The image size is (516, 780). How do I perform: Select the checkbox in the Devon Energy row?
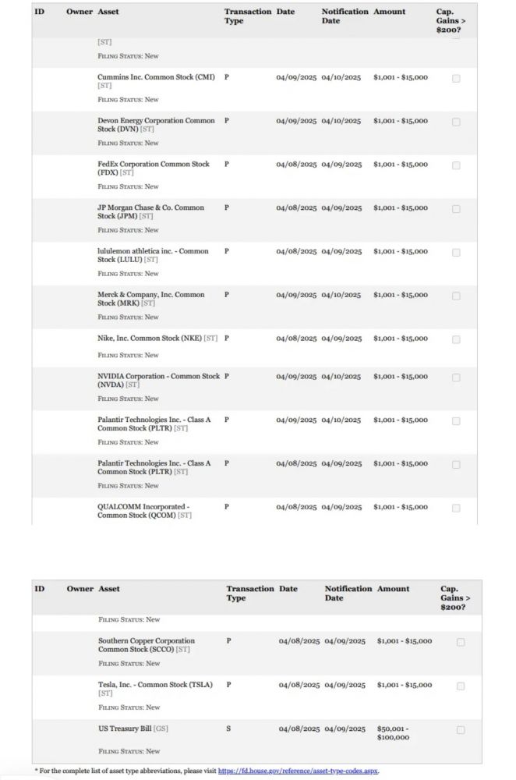click(x=456, y=122)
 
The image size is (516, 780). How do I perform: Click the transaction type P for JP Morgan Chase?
click(x=226, y=208)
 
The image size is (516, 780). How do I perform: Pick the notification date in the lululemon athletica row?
click(x=341, y=252)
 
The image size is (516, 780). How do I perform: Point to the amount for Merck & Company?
click(x=400, y=296)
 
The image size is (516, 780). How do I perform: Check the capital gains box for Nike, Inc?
click(x=456, y=339)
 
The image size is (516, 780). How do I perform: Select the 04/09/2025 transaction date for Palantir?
click(x=296, y=420)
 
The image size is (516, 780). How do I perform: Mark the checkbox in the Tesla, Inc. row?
click(x=460, y=686)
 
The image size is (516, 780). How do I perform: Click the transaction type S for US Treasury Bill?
click(x=228, y=729)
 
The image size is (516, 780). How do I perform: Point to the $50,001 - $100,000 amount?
click(x=393, y=733)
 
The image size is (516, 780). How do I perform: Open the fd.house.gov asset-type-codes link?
click(x=298, y=771)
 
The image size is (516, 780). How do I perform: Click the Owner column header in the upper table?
click(x=80, y=12)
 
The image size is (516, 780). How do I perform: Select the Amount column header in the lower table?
click(x=393, y=589)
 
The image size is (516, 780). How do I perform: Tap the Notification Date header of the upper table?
click(x=345, y=16)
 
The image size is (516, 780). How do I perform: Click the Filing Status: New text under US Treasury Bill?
click(x=129, y=751)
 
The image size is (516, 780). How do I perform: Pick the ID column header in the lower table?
click(x=40, y=589)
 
